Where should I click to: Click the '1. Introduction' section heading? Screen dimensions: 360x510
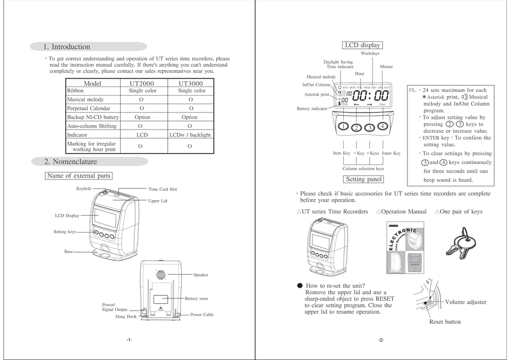[67, 47]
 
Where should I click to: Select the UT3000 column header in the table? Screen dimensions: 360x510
[190, 83]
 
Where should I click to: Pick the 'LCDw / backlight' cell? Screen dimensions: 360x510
[190, 135]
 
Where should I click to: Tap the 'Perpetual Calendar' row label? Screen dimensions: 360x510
[89, 108]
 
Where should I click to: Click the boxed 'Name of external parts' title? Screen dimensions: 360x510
[79, 176]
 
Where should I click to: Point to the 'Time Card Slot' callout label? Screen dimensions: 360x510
[163, 189]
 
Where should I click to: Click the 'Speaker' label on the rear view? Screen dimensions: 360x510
[201, 275]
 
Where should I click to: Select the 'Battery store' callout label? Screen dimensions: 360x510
[196, 299]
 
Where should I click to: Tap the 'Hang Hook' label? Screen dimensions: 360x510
[126, 316]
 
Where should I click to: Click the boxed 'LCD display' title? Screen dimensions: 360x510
[363, 45]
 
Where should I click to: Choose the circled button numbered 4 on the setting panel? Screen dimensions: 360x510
[382, 126]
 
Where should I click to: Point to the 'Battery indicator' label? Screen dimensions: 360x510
[312, 108]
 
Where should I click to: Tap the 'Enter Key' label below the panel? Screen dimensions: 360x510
[391, 153]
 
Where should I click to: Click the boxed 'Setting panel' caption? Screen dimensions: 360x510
[364, 179]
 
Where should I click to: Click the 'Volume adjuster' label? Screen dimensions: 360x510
[465, 302]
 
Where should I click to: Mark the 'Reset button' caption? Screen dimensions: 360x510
[445, 322]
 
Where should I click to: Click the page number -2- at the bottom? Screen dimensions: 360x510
[381, 340]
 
